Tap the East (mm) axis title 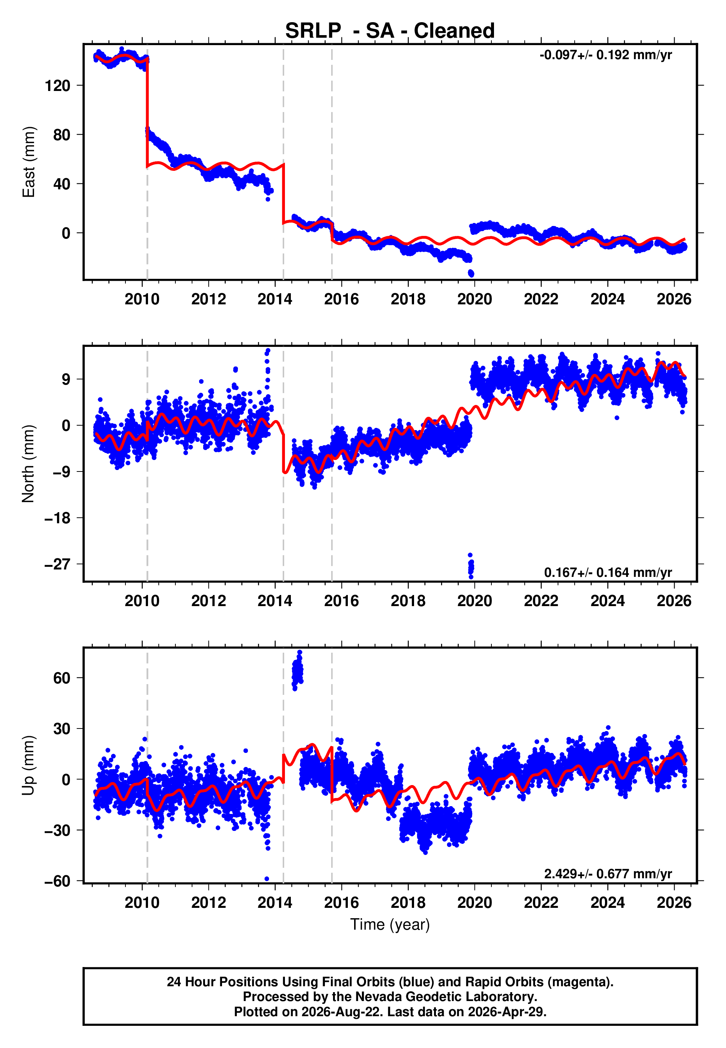(x=28, y=162)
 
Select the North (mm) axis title (x=28, y=464)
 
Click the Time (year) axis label (x=390, y=925)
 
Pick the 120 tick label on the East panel (x=57, y=85)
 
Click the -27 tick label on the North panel (x=57, y=564)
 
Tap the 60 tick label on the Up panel (x=62, y=678)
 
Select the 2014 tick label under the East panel (x=275, y=299)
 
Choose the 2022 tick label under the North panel (x=541, y=601)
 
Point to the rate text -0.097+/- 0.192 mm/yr (x=605, y=55)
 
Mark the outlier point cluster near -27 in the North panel (x=471, y=566)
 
